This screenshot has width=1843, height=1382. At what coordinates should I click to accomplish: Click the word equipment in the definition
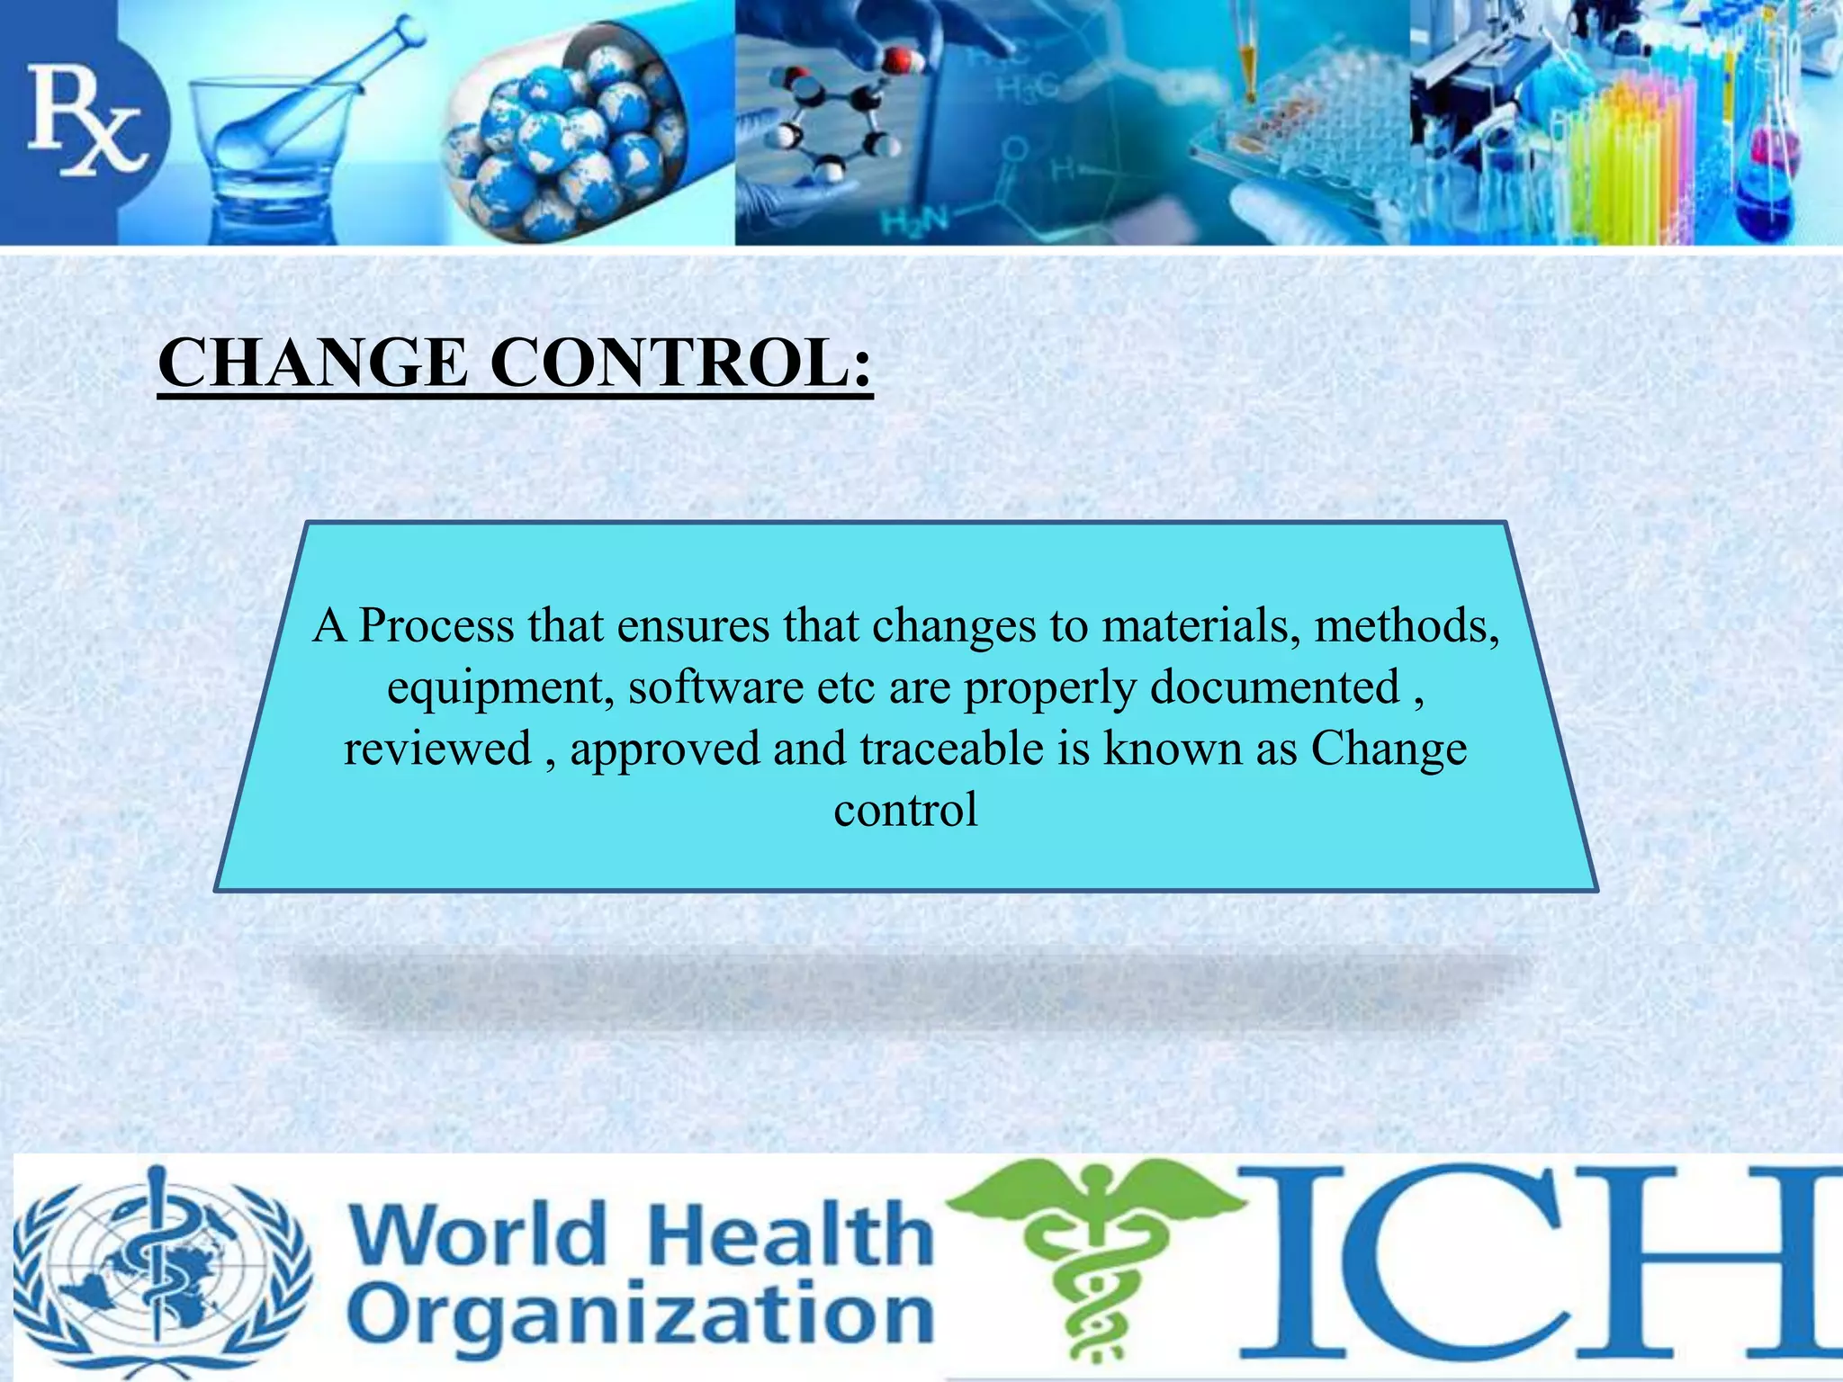pos(500,687)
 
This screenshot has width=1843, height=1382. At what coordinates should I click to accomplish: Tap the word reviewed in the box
pos(438,749)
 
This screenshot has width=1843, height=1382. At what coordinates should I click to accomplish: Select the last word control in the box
pos(905,810)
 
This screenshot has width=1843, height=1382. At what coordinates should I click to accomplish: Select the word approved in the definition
pos(665,750)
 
